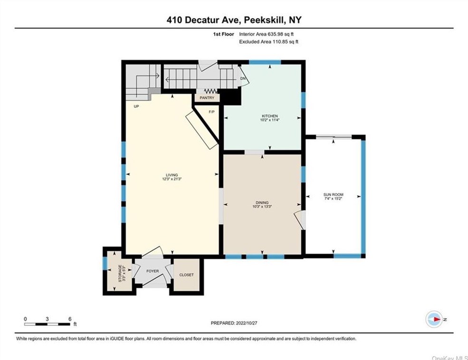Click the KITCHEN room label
269,116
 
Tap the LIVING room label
172,175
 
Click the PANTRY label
207,98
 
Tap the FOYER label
152,271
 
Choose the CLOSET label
186,275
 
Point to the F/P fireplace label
211,112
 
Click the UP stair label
136,106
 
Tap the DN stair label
243,78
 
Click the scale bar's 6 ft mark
70,319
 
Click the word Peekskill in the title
268,20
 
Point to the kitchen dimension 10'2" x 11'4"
269,120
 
